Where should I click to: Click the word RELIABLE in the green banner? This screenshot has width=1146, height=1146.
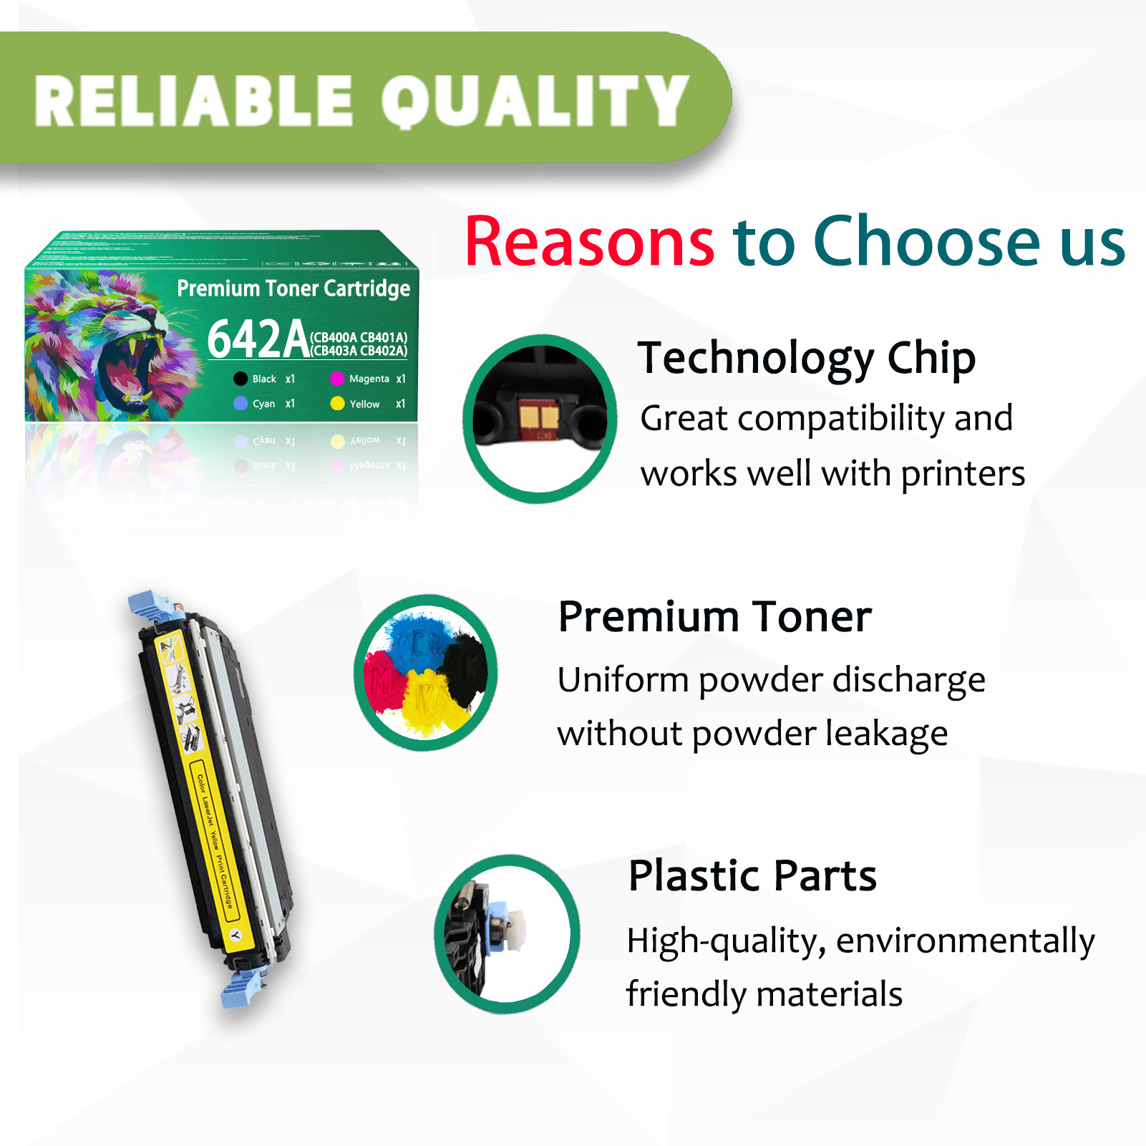[193, 102]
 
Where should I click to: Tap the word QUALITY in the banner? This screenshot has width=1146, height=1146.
[535, 102]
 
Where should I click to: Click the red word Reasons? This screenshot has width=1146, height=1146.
[589, 242]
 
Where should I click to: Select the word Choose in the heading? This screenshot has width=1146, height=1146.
[926, 242]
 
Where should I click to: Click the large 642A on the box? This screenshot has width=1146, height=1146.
[258, 339]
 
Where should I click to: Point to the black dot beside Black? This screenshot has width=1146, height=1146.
[241, 379]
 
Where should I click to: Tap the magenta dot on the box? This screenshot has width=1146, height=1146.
[337, 379]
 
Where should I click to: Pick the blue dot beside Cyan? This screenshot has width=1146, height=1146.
[241, 404]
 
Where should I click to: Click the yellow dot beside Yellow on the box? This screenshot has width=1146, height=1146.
[337, 404]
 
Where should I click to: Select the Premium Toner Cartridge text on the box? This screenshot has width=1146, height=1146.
[293, 288]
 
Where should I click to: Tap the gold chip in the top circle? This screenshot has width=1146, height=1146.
[540, 417]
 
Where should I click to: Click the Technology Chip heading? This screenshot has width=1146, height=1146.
[807, 358]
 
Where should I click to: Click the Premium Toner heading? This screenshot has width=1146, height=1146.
[715, 617]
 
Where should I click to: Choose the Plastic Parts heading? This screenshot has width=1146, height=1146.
[752, 875]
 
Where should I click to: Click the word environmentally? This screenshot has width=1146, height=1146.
[965, 941]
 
